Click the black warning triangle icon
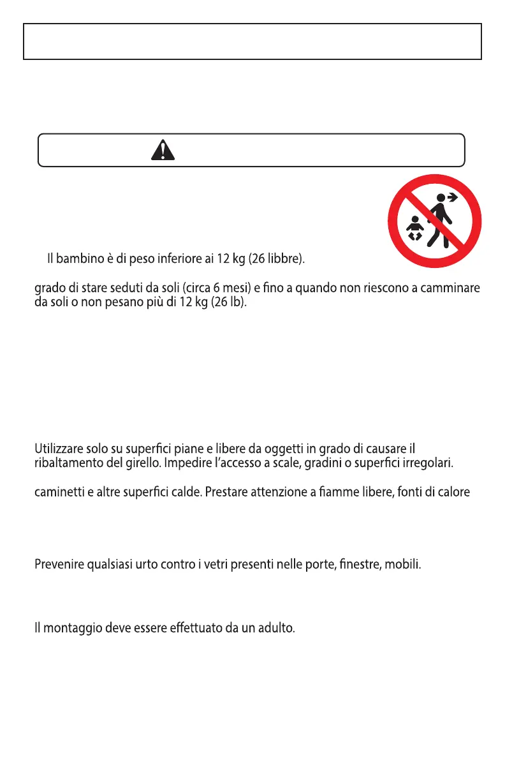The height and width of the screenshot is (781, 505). (x=163, y=150)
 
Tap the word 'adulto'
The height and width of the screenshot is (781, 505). (x=275, y=629)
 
